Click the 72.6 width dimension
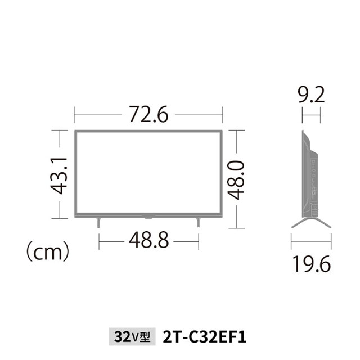point(148,114)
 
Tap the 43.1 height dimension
point(58,176)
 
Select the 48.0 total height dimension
point(236,180)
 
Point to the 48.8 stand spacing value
point(148,240)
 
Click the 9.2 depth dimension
point(311,94)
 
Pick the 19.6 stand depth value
point(312,264)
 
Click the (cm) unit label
point(48,251)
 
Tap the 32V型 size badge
point(132,337)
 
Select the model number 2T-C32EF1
point(204,337)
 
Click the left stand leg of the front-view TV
point(98,223)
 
